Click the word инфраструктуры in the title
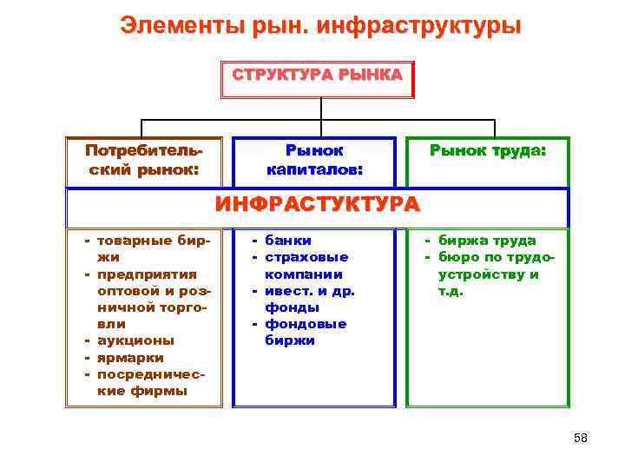pos(419,25)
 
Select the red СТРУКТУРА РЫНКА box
pos(318,76)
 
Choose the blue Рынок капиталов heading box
pos(315,161)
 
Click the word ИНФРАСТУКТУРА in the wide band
pos(317,205)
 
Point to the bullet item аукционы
pos(135,340)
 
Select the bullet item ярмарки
pos(131,357)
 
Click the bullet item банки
pos(288,241)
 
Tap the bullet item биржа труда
pos(487,241)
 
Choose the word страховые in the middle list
pos(306,257)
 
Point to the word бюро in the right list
pos(457,257)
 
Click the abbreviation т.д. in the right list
pos(451,291)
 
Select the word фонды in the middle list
pos(293,307)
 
